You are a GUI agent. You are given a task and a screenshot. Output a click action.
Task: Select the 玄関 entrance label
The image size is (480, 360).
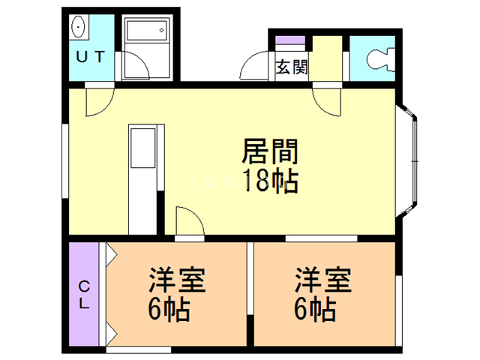[291, 67]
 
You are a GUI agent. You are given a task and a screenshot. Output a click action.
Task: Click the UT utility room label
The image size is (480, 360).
[89, 56]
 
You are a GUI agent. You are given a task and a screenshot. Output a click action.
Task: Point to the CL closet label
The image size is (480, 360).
[85, 295]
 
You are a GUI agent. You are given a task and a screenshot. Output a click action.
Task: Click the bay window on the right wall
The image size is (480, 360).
[411, 158]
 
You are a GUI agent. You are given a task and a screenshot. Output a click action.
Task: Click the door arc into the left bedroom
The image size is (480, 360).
[188, 221]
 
